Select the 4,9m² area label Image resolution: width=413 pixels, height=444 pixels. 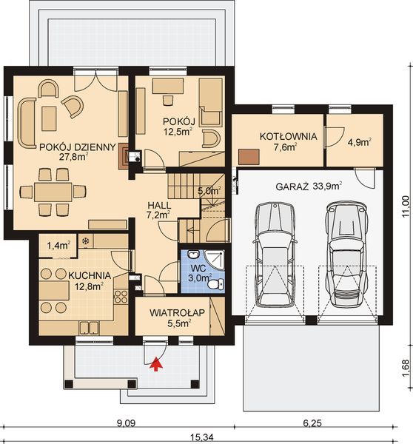[359, 142]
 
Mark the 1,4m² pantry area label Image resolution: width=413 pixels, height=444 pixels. [58, 244]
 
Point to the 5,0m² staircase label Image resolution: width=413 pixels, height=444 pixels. [209, 191]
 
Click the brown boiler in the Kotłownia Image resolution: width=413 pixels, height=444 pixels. [248, 157]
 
